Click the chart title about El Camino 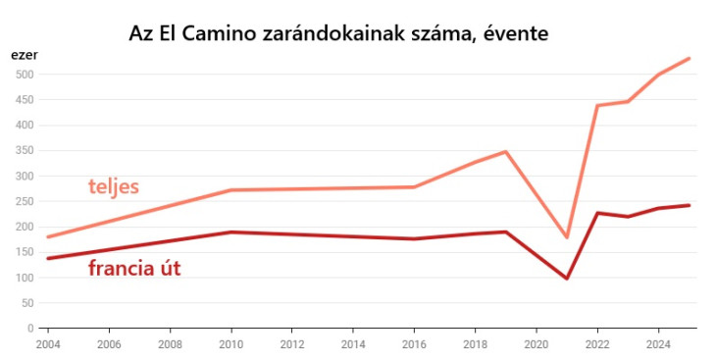338,32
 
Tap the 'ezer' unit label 24,55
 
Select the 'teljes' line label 114,186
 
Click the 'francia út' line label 134,268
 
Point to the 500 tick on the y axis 25,75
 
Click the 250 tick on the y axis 25,201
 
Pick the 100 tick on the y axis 25,278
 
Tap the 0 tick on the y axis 31,329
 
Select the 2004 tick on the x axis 48,345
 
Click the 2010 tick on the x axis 230,345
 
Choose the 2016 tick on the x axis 414,345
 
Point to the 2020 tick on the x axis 536,345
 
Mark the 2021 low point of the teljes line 567,237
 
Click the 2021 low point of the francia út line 567,279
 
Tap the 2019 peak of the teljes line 505,152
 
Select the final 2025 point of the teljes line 690,59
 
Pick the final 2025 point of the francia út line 690,205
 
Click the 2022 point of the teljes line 597,105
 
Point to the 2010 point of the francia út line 230,232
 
